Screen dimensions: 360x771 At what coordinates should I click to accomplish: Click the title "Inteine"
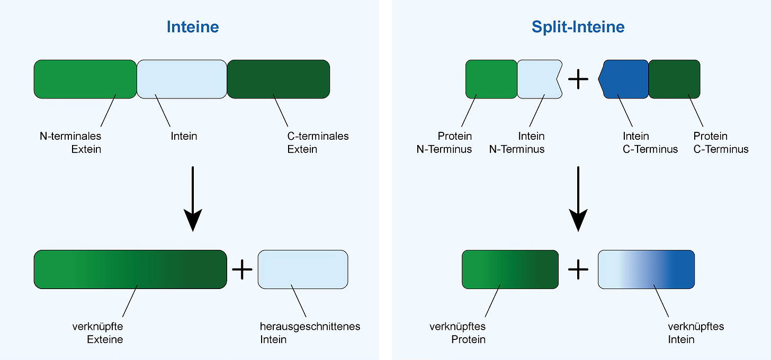pos(193,27)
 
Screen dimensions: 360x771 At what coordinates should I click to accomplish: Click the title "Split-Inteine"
pos(578,27)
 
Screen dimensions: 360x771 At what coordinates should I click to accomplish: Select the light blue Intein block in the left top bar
pos(182,79)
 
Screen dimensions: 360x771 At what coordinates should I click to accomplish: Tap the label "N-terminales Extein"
pos(70,142)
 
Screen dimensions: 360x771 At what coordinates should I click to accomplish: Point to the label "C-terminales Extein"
pos(318,142)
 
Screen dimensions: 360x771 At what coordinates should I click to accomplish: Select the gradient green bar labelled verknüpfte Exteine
pos(130,269)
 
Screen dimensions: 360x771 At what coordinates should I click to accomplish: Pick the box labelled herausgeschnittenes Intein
pos(303,269)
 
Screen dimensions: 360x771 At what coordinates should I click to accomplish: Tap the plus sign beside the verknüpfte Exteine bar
pos(243,269)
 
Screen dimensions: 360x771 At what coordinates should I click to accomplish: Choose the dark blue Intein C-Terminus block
pos(625,79)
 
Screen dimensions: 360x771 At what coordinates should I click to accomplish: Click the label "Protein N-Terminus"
pos(444,142)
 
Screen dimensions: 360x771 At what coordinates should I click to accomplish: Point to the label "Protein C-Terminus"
pos(721,142)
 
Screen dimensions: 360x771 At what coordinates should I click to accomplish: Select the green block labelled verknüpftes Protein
pos(510,269)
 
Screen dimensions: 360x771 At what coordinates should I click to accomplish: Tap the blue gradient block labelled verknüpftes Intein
pos(646,269)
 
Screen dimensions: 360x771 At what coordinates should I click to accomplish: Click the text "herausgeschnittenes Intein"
pos(310,332)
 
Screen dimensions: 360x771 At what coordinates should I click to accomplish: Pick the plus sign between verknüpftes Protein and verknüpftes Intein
pos(578,269)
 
